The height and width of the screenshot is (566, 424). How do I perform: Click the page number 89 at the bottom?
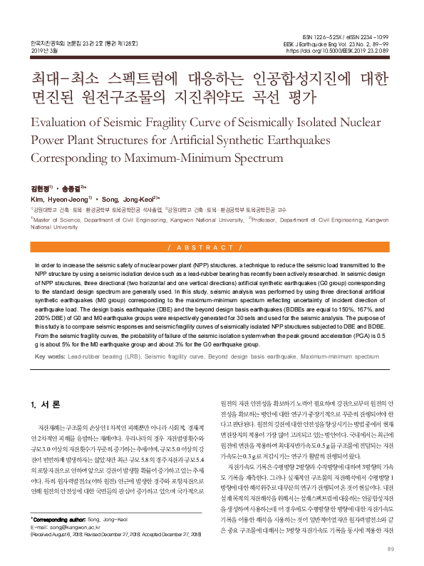pos(390,549)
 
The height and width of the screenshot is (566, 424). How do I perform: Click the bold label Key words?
pos(49,355)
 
